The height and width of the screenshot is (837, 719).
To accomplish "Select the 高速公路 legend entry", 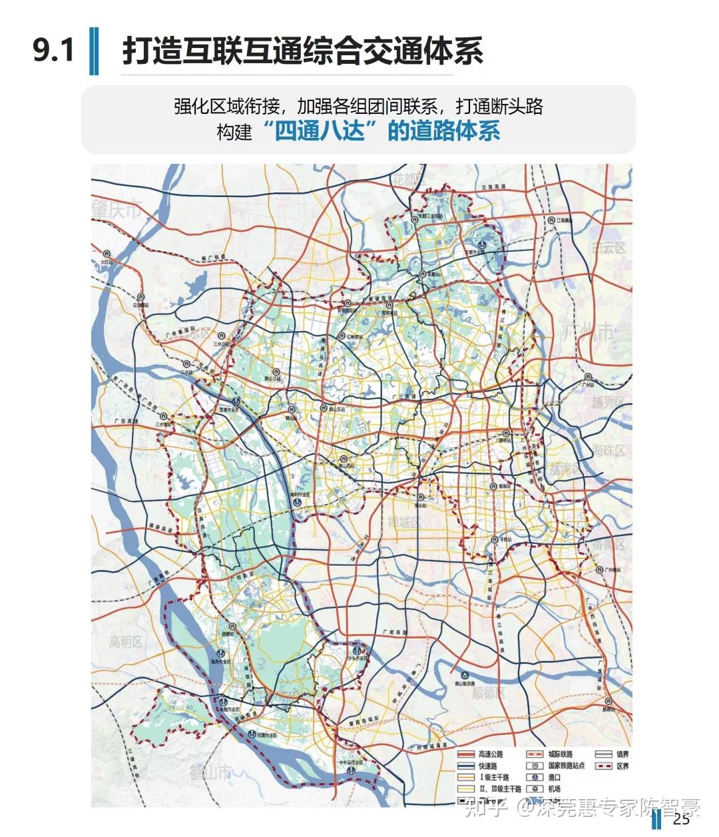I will pyautogui.click(x=491, y=754).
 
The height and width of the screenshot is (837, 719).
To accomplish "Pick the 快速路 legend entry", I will pyautogui.click(x=487, y=766).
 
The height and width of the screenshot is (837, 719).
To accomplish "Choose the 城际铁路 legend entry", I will pyautogui.click(x=561, y=754).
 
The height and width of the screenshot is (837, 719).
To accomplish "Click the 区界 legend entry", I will pyautogui.click(x=622, y=766).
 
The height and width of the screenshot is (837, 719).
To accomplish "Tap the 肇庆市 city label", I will pyautogui.click(x=117, y=210).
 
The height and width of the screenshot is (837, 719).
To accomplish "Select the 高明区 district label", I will pyautogui.click(x=126, y=643).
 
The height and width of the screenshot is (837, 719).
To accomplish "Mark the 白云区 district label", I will pyautogui.click(x=610, y=248).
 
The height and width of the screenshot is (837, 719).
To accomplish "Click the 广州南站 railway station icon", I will pyautogui.click(x=601, y=569).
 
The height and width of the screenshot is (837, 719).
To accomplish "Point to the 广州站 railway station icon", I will pyautogui.click(x=587, y=376).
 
